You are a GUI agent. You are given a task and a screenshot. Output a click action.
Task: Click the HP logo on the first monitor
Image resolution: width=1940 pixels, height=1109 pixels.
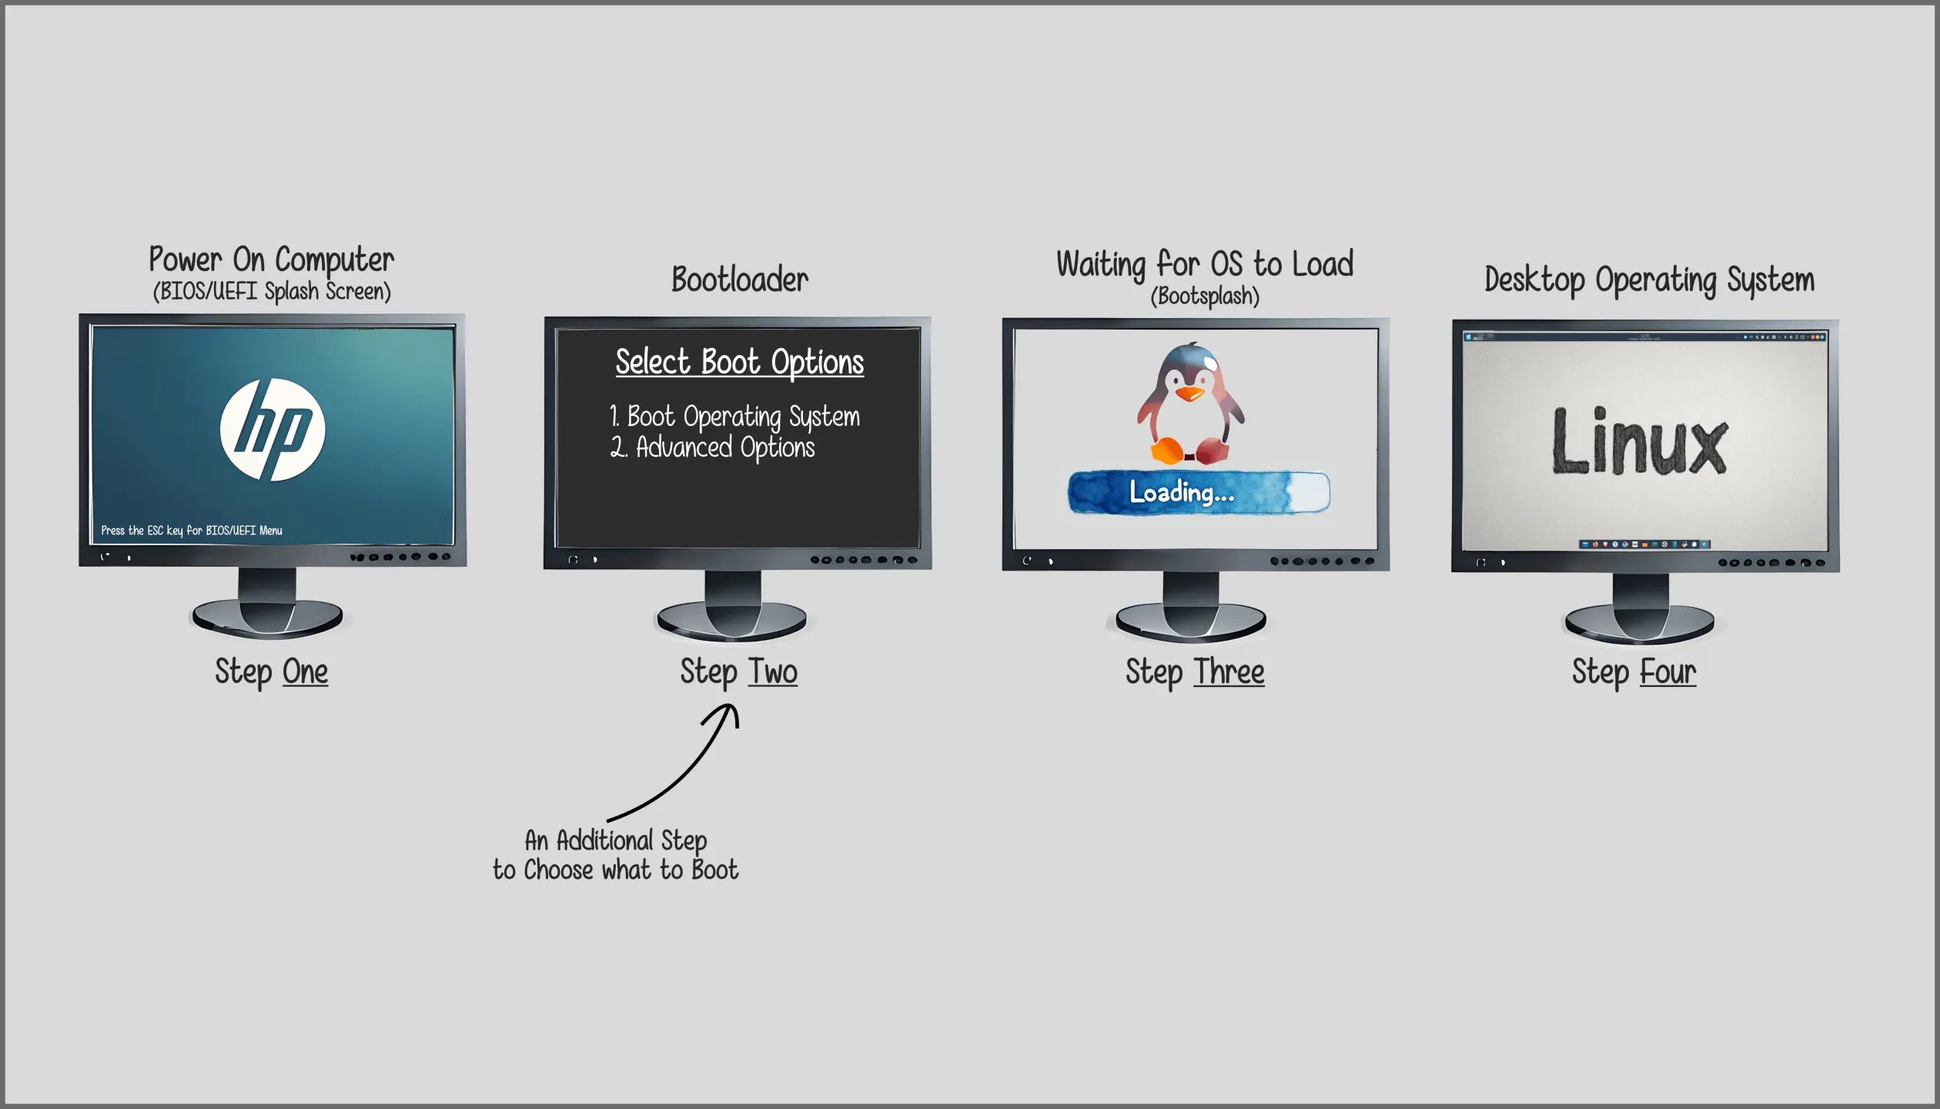pos(273,430)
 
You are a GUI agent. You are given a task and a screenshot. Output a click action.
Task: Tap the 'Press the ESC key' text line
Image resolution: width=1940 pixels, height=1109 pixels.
pos(192,531)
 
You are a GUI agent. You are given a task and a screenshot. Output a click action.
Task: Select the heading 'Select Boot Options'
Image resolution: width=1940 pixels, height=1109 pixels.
pos(740,362)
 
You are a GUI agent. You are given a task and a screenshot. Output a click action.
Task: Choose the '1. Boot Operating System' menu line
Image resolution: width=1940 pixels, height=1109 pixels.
pos(734,417)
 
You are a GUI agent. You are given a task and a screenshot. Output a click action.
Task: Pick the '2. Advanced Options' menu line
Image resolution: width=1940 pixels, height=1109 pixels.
pos(712,447)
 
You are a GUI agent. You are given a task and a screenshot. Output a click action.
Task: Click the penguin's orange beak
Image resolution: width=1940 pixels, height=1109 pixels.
pos(1190,394)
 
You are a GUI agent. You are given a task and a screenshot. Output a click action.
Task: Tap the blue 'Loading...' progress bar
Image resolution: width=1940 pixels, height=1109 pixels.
pos(1199,492)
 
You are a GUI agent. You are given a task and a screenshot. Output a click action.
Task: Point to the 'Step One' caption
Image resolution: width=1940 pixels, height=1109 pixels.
pos(272,672)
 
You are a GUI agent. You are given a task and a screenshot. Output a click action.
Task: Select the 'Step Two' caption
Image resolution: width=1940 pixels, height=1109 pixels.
pos(739,672)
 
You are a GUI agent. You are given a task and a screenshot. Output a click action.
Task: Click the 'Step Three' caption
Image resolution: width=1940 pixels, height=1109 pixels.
pos(1195,672)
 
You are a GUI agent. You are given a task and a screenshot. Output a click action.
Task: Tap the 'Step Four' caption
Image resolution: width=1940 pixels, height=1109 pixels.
pos(1634,672)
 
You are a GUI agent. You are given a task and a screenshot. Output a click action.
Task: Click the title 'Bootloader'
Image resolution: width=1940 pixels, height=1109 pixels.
pos(740,280)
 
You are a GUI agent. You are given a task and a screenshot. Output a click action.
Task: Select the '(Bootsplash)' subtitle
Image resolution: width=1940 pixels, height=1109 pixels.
pos(1205,296)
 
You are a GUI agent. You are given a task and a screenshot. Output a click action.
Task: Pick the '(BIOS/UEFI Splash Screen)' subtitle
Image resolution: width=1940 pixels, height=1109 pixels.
pos(272,291)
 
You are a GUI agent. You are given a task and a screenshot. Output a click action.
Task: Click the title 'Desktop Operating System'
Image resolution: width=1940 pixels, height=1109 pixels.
pos(1649,280)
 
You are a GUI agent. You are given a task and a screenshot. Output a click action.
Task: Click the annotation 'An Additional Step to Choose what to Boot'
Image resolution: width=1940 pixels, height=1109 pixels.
pos(616,855)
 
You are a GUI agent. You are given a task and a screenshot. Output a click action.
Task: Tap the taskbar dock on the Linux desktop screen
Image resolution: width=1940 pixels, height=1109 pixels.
pos(1644,544)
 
